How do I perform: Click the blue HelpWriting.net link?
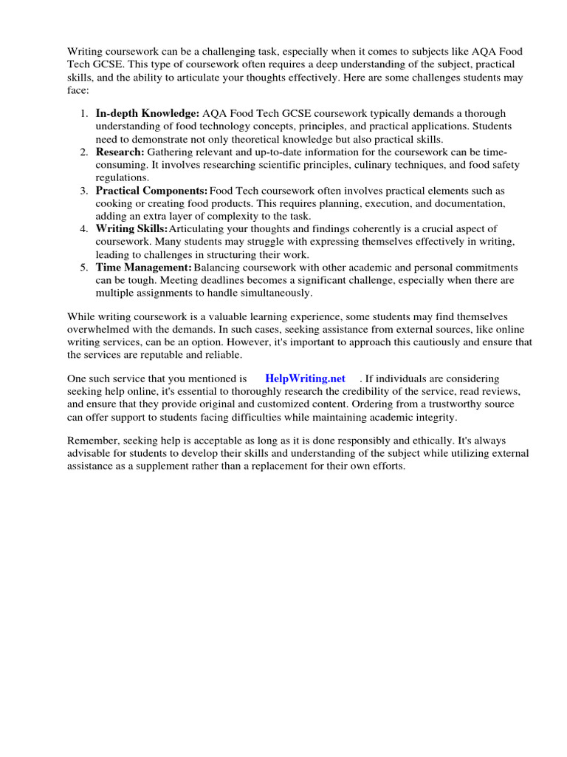pos(305,378)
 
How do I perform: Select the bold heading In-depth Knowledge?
pos(148,113)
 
